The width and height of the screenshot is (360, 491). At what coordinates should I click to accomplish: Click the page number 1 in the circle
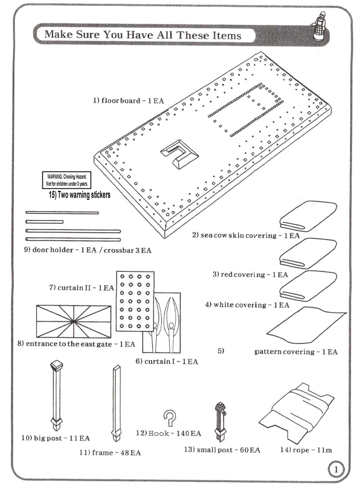click(x=335, y=470)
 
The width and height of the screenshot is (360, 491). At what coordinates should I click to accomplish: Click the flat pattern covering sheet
click(x=306, y=327)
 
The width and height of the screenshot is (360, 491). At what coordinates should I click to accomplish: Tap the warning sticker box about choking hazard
click(x=67, y=180)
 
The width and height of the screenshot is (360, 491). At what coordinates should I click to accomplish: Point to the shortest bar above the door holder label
click(x=45, y=221)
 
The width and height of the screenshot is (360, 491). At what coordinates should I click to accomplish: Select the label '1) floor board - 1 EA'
click(x=128, y=100)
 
